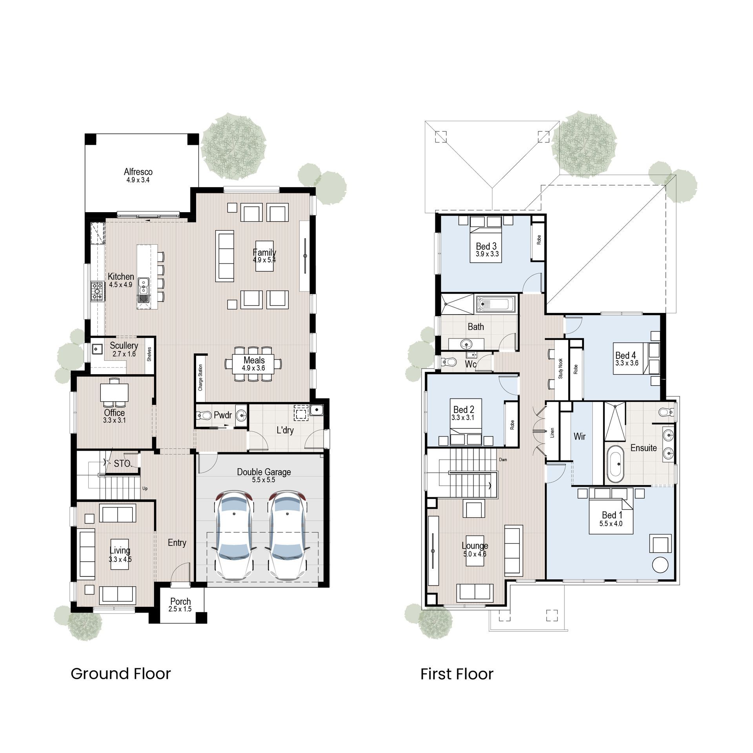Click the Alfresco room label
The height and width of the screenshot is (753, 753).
coord(138,172)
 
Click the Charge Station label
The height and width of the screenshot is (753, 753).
coord(200,378)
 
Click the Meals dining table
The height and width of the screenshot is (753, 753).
coord(254,364)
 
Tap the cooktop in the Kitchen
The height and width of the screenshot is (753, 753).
coord(96,291)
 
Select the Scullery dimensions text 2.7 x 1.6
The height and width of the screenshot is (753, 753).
coord(124,354)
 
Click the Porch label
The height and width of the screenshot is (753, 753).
coord(180,601)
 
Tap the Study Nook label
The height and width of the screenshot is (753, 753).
coord(560,368)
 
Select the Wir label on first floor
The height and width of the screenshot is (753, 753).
coord(579,436)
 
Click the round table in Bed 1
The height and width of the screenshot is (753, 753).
coord(660,565)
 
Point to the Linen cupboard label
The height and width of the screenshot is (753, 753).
coord(552,433)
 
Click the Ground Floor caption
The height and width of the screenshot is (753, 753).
coord(121,674)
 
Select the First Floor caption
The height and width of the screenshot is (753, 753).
coord(457,674)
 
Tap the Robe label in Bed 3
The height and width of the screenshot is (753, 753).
coord(539,240)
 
